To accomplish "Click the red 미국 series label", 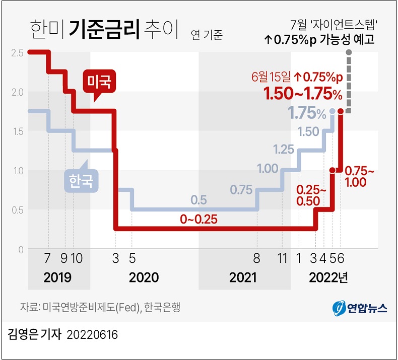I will pyautogui.click(x=99, y=81).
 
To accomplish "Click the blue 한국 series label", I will pyautogui.click(x=81, y=180).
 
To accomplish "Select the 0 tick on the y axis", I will pyautogui.click(x=21, y=250).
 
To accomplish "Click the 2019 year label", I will pyautogui.click(x=57, y=277).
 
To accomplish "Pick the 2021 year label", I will pyautogui.click(x=243, y=277).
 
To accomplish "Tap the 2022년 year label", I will pyautogui.click(x=328, y=277).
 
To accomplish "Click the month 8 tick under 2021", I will pyautogui.click(x=256, y=259).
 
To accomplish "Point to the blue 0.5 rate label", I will pyautogui.click(x=199, y=200).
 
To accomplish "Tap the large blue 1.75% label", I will pyautogui.click(x=307, y=113).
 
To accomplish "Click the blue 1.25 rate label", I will pyautogui.click(x=284, y=150).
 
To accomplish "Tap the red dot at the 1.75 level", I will pyautogui.click(x=341, y=111).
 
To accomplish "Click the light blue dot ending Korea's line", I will pyautogui.click(x=332, y=111).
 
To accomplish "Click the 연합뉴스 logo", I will pyautogui.click(x=360, y=307).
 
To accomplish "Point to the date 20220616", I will pyautogui.click(x=92, y=334).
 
